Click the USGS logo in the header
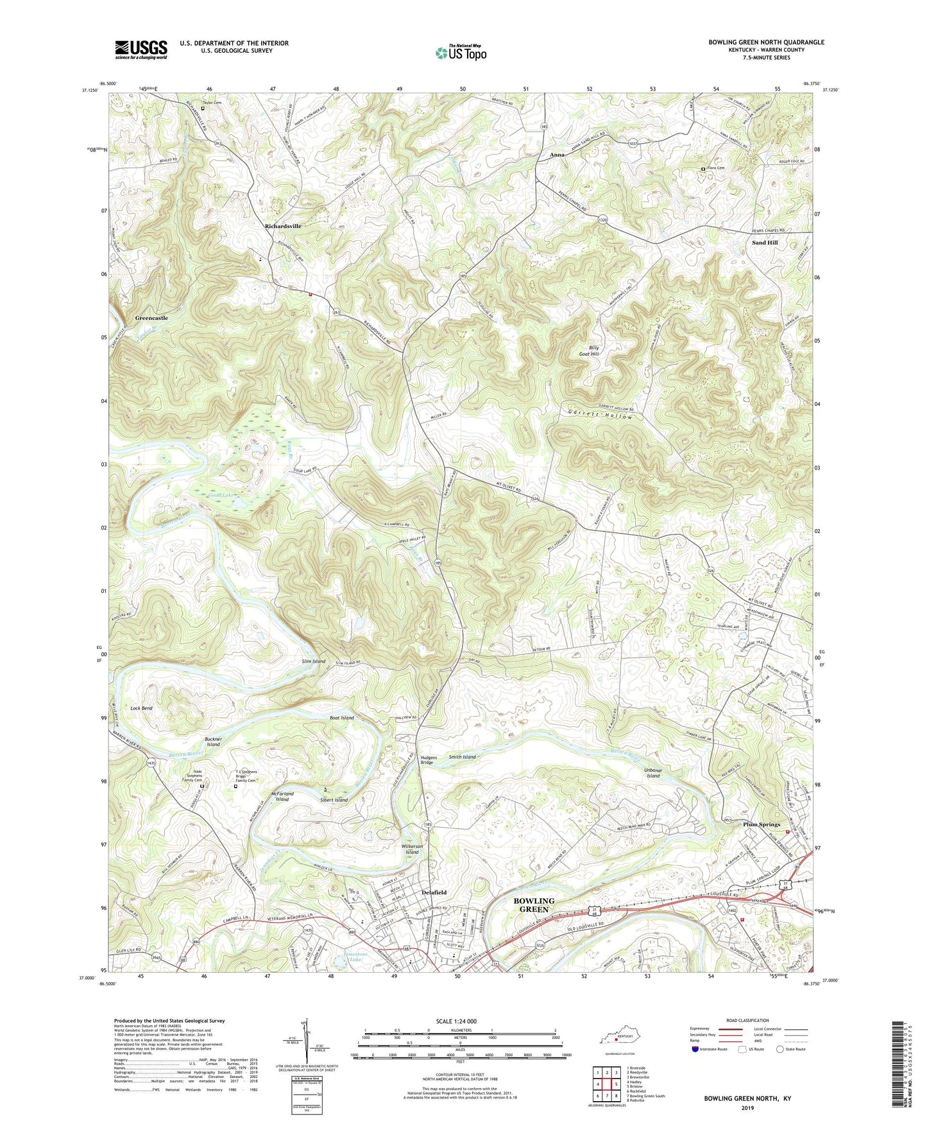point(141,49)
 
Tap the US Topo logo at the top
point(460,52)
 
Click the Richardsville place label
point(283,227)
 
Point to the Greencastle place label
point(151,318)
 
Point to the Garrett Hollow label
point(600,416)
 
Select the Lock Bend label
point(141,708)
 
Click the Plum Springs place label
point(761,824)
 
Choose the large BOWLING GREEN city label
point(534,905)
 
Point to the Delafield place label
point(434,892)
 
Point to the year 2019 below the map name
point(747,1108)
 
